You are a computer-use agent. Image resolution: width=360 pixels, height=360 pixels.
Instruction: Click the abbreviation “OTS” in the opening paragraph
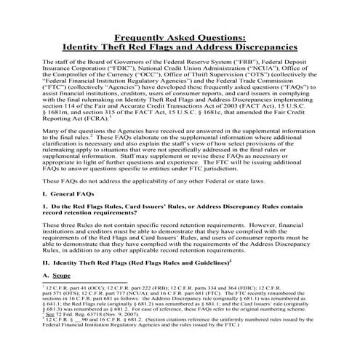tap(231, 80)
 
